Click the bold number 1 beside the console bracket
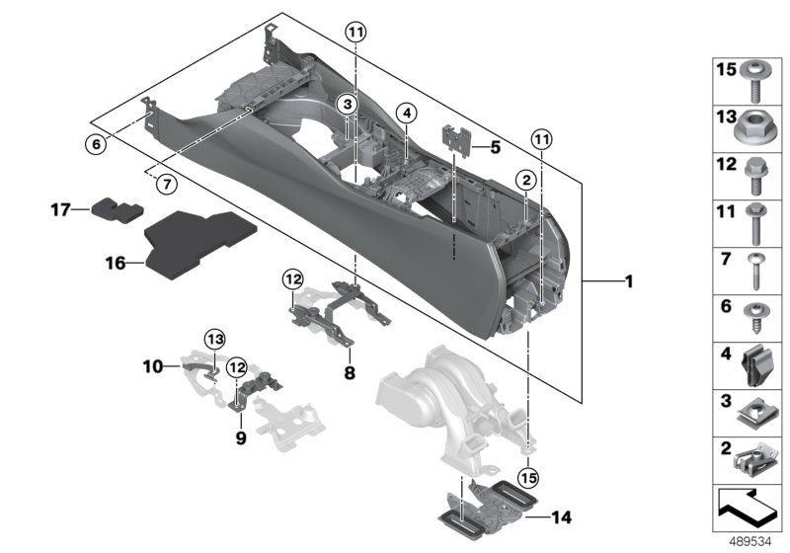point(627,283)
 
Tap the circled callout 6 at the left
point(95,144)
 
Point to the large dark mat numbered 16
point(195,239)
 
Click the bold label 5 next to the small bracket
point(496,148)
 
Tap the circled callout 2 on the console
point(526,179)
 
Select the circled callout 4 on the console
point(405,114)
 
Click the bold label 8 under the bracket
point(348,375)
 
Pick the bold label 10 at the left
point(152,366)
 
